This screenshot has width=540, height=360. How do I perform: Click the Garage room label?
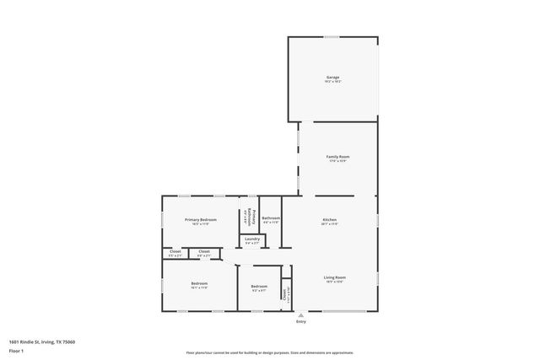(333, 77)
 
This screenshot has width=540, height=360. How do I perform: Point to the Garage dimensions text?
(333, 82)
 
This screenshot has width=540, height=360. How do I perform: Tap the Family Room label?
(338, 156)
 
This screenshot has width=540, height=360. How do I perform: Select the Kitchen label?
(330, 219)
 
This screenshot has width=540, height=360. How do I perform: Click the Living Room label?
(335, 277)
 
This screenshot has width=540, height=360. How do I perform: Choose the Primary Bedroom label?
(201, 219)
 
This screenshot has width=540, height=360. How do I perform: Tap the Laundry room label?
(253, 239)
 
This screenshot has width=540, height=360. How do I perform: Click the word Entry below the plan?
(300, 322)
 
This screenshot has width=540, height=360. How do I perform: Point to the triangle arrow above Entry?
(300, 314)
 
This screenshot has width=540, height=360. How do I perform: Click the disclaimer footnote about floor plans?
(269, 352)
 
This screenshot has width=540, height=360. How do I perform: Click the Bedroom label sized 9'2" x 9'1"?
(259, 287)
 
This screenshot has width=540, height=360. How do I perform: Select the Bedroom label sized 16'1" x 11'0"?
(199, 283)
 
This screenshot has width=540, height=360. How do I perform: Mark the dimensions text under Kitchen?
(330, 224)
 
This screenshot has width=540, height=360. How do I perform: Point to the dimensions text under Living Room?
(335, 282)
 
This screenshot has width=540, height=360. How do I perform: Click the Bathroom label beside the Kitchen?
(271, 218)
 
